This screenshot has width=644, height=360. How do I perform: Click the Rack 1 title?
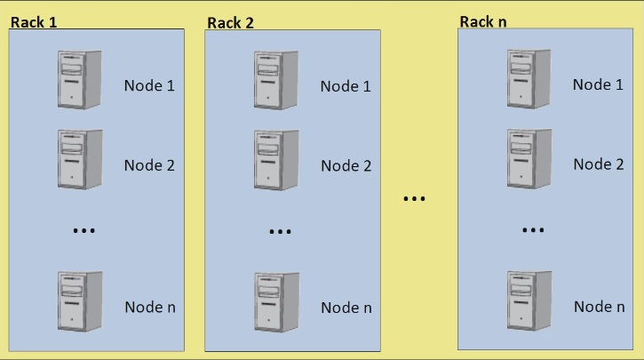point(34,20)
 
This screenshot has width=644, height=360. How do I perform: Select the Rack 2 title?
point(230,23)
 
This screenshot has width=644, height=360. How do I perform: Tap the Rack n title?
point(483,20)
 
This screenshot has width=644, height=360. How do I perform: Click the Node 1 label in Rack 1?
point(149,86)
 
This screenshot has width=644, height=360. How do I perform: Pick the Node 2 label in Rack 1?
point(149,165)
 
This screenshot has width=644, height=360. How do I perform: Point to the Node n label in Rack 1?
point(149,307)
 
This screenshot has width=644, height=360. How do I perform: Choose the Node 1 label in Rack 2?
point(346,86)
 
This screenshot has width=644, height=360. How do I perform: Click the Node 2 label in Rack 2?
point(346,166)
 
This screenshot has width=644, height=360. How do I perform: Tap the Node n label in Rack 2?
point(346,308)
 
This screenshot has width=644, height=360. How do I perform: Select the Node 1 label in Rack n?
point(598,84)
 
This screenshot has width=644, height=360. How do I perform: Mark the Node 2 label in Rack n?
point(598,164)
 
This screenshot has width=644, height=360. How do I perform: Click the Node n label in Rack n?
point(598,307)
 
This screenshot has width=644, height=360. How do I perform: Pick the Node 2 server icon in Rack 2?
point(276,158)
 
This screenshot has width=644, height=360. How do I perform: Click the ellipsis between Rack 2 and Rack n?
point(414,198)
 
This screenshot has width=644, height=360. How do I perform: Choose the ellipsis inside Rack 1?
point(83,231)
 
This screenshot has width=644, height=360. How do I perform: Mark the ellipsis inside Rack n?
point(532,230)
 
